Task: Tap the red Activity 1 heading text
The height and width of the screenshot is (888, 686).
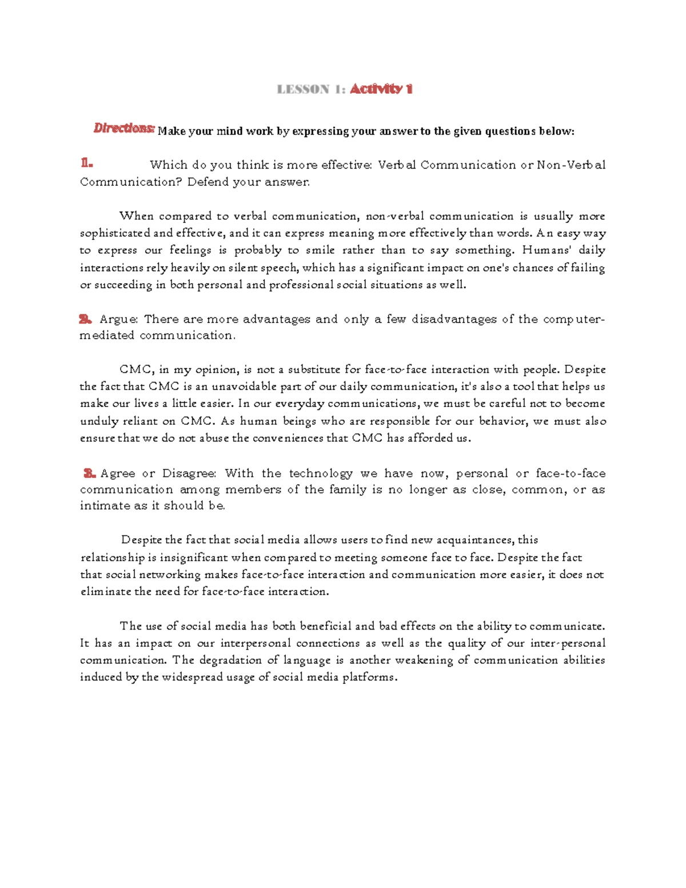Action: click(x=381, y=89)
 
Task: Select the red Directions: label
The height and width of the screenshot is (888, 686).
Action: click(x=124, y=129)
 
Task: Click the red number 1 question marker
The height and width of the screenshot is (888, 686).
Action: click(x=86, y=164)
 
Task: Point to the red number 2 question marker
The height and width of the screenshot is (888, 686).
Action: click(x=86, y=319)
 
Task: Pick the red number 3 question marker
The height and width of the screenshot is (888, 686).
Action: click(x=89, y=473)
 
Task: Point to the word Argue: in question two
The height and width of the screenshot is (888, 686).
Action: click(x=119, y=319)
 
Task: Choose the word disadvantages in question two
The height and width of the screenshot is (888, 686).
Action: click(x=454, y=319)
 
